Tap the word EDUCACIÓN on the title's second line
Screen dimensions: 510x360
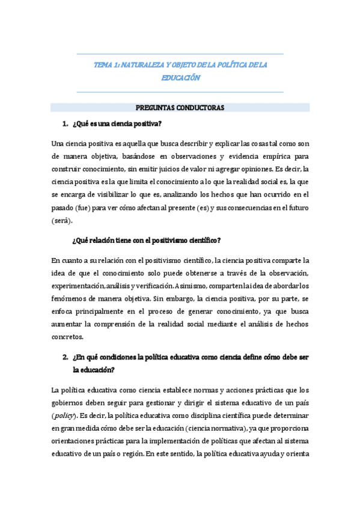(x=180, y=78)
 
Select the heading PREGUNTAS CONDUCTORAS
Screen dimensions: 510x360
(x=180, y=108)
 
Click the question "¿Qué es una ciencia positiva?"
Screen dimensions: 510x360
(x=117, y=124)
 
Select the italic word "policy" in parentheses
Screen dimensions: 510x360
(x=66, y=414)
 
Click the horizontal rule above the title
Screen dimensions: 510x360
(x=180, y=54)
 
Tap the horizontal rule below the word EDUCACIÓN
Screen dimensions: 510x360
(x=180, y=92)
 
